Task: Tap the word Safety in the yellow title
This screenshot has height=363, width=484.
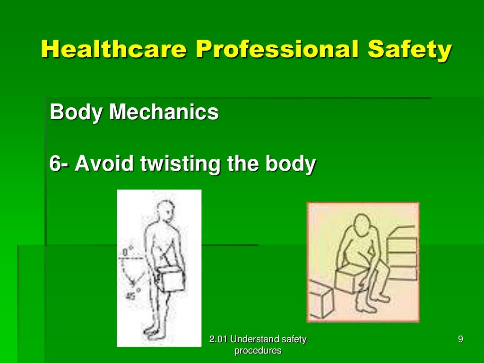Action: point(419,50)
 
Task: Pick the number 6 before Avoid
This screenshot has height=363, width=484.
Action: point(55,164)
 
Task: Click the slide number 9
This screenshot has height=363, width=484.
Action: point(460,339)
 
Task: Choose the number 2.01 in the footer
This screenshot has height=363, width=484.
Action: point(218,339)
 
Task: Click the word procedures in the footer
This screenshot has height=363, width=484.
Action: point(258,351)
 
